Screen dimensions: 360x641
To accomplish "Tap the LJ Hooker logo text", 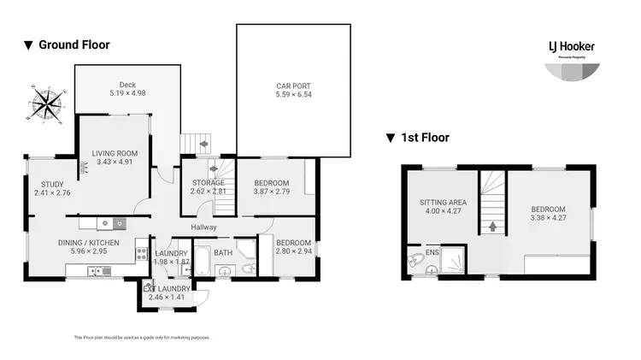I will tap(571, 46).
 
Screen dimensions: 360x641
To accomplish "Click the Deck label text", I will tap(128, 84).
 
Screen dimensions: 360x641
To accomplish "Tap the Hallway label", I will tap(203, 227).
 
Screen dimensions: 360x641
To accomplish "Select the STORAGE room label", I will tap(208, 182).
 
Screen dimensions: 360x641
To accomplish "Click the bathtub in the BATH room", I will tap(202, 260).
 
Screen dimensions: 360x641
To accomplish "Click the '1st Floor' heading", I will tap(424, 137).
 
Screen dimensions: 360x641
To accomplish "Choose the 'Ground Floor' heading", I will tap(74, 44).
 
